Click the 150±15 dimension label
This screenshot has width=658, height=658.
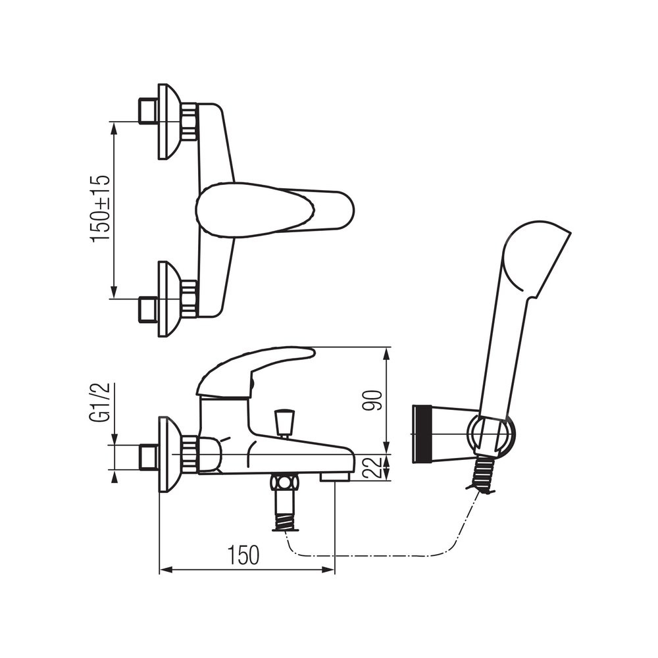(100, 209)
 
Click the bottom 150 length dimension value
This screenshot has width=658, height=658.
(243, 555)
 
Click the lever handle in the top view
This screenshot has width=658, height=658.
(275, 208)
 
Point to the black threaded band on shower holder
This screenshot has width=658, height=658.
(421, 434)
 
